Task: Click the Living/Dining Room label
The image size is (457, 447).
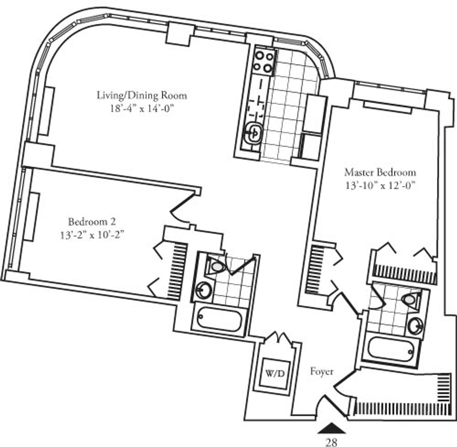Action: [x=142, y=96]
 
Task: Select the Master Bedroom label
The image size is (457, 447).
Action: [x=380, y=172]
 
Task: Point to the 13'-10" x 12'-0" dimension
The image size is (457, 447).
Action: [x=380, y=185]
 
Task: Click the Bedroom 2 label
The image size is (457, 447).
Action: [x=92, y=221]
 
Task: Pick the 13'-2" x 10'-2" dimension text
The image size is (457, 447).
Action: [x=92, y=235]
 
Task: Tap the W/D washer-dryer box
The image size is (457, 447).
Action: [x=275, y=374]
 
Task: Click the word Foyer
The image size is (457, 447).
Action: [x=322, y=371]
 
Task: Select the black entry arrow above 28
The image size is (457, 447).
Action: [x=331, y=428]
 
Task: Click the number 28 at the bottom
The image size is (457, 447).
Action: [x=331, y=442]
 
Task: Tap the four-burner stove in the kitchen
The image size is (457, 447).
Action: [x=263, y=62]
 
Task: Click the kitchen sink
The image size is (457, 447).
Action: [x=254, y=133]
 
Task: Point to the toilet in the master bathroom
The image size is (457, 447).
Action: [x=411, y=299]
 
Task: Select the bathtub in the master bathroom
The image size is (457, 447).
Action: [x=391, y=349]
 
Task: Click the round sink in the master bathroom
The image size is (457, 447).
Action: [x=415, y=326]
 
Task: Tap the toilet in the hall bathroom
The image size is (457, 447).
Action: [x=217, y=266]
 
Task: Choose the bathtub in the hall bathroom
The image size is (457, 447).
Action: [x=219, y=321]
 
